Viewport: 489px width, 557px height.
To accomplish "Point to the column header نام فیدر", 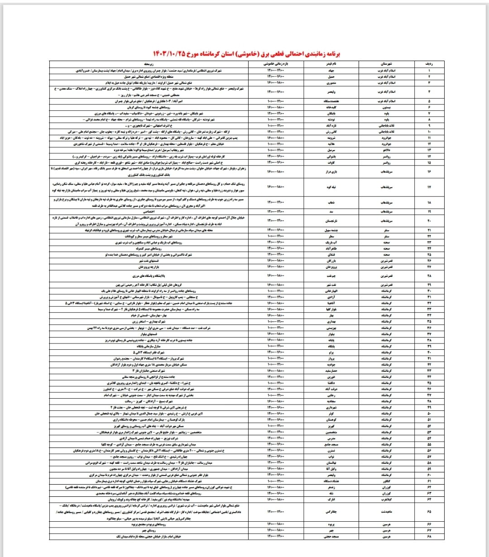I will (x=329, y=65).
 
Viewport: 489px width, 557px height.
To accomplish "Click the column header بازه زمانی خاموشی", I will (x=275, y=65).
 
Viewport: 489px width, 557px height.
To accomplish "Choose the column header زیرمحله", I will (x=149, y=65).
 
